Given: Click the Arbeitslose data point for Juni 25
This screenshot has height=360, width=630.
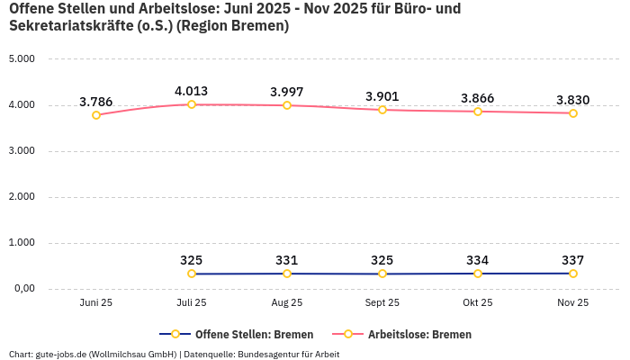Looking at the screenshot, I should pyautogui.click(x=96, y=115).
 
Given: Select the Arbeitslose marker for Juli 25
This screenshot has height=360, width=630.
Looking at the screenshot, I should pyautogui.click(x=192, y=104).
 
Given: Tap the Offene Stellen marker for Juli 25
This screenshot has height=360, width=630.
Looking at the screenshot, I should pyautogui.click(x=192, y=274).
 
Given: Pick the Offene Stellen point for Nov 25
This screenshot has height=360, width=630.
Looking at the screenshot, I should pyautogui.click(x=573, y=274).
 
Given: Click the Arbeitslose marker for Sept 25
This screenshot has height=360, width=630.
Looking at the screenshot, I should pyautogui.click(x=382, y=110).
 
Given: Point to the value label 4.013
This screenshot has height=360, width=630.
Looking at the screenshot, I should pyautogui.click(x=192, y=91).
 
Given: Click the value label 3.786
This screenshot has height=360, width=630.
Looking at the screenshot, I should pyautogui.click(x=96, y=102).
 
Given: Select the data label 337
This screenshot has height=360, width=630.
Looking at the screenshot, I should pyautogui.click(x=573, y=260).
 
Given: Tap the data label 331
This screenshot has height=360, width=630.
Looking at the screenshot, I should pyautogui.click(x=287, y=260).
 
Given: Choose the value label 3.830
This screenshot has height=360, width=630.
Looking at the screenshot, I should pyautogui.click(x=573, y=100).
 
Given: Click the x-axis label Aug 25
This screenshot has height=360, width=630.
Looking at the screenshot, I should pyautogui.click(x=287, y=303).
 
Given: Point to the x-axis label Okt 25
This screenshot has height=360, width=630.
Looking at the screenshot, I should pyautogui.click(x=478, y=303).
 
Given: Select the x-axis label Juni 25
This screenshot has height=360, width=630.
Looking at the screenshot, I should pyautogui.click(x=96, y=303).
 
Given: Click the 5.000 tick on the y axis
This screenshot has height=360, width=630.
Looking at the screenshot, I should pyautogui.click(x=21, y=59).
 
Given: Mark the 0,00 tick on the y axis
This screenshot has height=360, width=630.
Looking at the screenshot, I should pyautogui.click(x=22, y=289).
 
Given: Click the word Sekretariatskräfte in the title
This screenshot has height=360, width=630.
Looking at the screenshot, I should pyautogui.click(x=67, y=26).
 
